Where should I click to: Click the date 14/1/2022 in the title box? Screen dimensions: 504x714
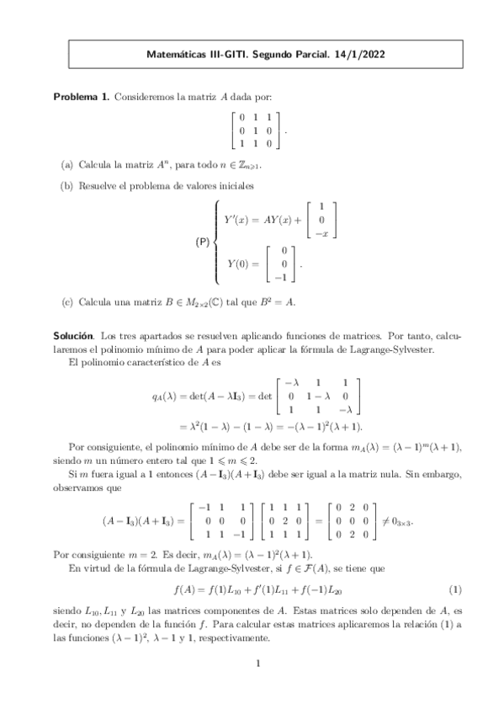362,56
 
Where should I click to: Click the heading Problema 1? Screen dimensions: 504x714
82,98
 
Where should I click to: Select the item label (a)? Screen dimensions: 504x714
66,166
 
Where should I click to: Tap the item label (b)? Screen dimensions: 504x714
66,186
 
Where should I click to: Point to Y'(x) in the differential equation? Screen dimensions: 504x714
240,219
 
